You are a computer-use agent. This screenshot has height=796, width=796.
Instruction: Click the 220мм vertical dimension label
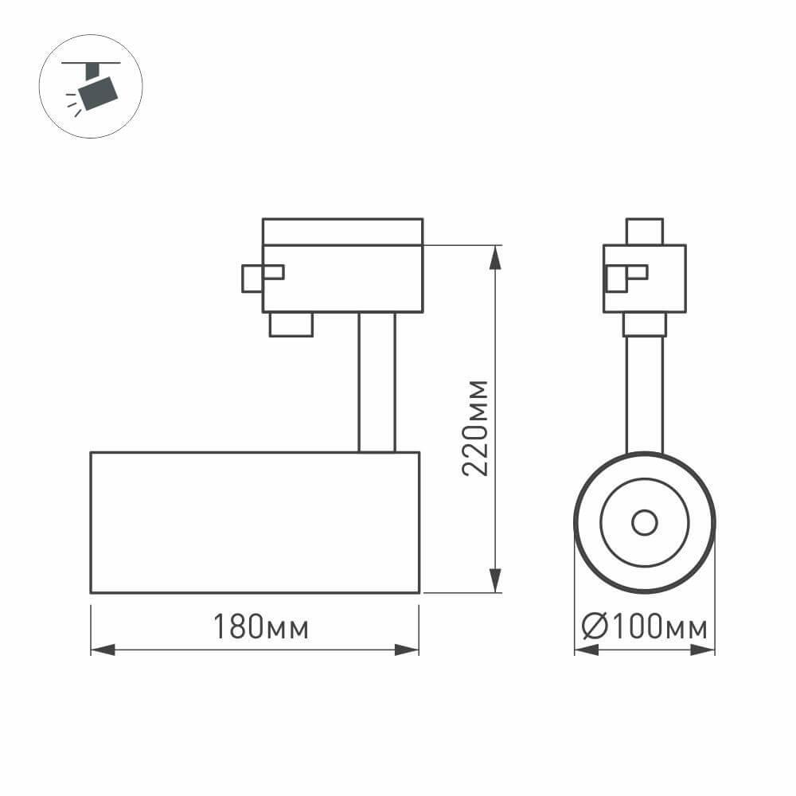(475, 427)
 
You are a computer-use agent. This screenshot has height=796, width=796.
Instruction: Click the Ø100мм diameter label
(644, 628)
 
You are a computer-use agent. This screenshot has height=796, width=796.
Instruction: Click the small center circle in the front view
(644, 523)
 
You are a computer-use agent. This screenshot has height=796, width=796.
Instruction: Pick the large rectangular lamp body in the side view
(255, 522)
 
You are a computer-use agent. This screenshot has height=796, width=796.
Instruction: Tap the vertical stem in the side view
(377, 382)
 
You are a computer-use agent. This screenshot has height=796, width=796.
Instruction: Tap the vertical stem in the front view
(644, 394)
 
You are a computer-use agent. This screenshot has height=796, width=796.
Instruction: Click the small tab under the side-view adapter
(291, 324)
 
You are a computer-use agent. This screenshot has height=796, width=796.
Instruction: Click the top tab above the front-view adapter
(644, 231)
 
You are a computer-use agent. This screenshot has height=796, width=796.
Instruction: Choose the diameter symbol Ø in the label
(595, 628)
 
